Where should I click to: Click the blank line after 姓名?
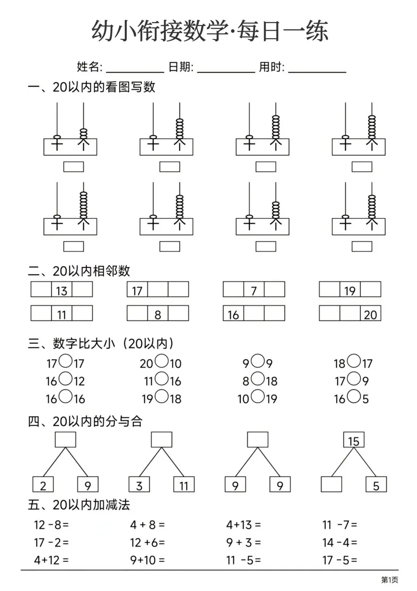point(135,72)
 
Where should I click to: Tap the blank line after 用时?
point(317,72)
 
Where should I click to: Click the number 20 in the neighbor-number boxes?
point(370,315)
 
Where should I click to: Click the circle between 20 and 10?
point(162,361)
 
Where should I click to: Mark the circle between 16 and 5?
point(354,397)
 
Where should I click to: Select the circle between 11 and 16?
point(162,379)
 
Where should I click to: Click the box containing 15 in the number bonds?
point(354,440)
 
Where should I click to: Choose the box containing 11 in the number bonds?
point(184,484)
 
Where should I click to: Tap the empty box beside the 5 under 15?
point(331,484)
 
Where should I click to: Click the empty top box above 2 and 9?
point(66,440)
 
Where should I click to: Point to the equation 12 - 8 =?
point(51,525)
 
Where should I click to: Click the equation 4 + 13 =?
point(243,525)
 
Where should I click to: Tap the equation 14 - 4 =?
point(340,543)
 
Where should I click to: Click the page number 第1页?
point(390,580)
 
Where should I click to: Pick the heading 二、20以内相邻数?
point(79,271)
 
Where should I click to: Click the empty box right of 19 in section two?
point(371,289)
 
